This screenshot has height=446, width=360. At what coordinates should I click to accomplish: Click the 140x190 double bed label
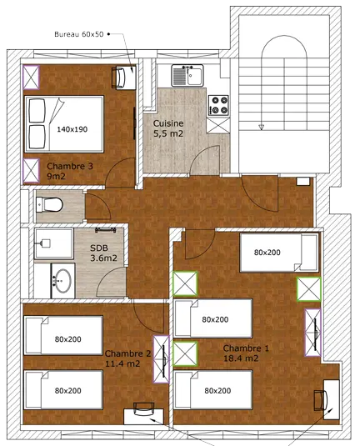pos(73,129)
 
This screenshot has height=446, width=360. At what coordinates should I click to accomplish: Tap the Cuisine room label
pos(168,123)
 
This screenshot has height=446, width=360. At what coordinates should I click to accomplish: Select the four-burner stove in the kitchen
pos(219,103)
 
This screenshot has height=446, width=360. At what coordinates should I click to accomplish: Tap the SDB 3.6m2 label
pos(104,252)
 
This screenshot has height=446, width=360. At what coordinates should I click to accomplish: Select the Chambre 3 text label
pos(71,165)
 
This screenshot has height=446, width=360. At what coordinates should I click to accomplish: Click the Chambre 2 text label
pos(127,353)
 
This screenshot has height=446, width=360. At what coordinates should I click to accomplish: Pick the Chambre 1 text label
pos(247,348)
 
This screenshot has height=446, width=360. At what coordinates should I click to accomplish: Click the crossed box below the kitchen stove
pos(218,124)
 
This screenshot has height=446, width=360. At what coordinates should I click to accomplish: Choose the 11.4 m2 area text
pos(123,363)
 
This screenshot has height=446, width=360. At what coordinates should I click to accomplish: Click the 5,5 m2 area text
pos(169,133)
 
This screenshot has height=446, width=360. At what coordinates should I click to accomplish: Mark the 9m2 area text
pos(55,176)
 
